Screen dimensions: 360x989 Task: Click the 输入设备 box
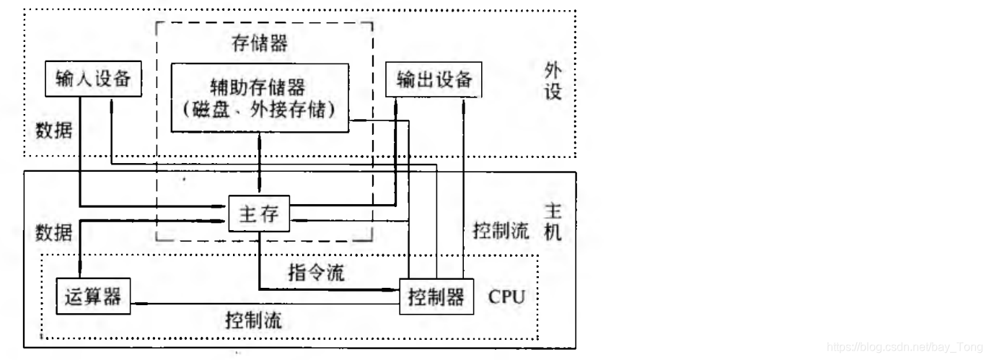[92, 79]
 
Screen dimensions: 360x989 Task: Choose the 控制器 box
[436, 297]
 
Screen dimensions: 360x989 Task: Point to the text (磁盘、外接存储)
[258, 110]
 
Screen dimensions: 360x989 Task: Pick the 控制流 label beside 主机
[496, 232]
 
